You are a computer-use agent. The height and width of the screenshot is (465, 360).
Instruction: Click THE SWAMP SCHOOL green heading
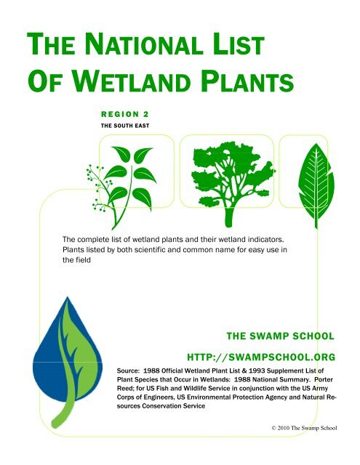coord(281,336)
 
